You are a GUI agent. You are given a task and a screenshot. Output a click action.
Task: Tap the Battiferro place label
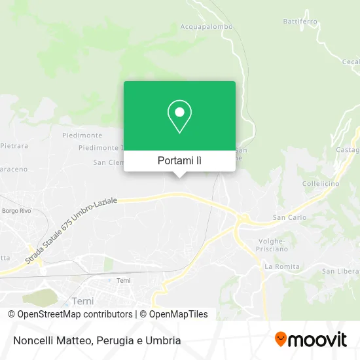(300, 22)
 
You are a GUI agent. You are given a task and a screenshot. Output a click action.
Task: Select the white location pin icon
(179, 117)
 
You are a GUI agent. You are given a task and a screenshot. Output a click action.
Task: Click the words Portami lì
(179, 160)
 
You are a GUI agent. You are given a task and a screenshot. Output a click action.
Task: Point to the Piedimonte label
(81, 135)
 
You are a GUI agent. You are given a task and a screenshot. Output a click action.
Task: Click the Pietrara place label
(14, 145)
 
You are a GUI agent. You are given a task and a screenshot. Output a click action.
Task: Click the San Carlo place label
(288, 217)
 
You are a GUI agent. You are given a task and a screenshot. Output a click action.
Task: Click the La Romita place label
(282, 266)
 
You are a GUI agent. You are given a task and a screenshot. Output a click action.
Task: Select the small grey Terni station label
(124, 280)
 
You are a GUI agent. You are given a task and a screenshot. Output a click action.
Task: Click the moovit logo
(310, 340)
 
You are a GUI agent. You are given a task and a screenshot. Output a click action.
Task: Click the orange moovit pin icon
(281, 340)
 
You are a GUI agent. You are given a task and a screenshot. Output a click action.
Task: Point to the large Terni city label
(81, 301)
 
